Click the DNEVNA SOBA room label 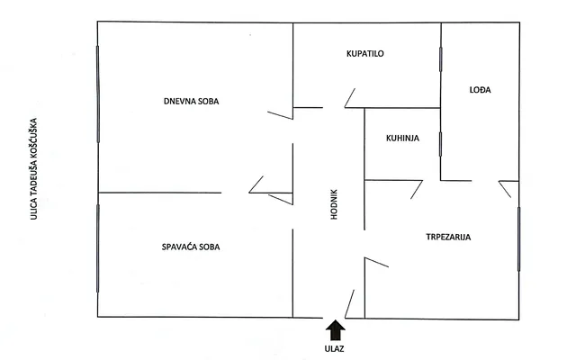[x=191, y=101]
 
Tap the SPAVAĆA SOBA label [x=191, y=247]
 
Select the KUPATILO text [x=365, y=54]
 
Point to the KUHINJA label [x=402, y=138]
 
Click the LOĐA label [x=480, y=90]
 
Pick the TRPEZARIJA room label [x=448, y=237]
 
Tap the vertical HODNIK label [x=334, y=204]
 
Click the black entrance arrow [x=336, y=330]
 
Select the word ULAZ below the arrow [x=334, y=348]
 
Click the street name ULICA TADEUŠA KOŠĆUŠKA [x=34, y=169]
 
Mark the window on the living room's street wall [x=98, y=94]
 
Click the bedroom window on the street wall [x=98, y=248]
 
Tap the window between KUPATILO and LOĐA [x=440, y=59]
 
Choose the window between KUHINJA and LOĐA [x=440, y=144]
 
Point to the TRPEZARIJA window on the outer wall [x=518, y=239]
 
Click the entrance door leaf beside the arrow [x=349, y=304]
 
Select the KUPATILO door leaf [x=350, y=98]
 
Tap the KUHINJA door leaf [x=417, y=190]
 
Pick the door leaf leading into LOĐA [x=505, y=189]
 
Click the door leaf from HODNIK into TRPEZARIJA [x=376, y=262]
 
